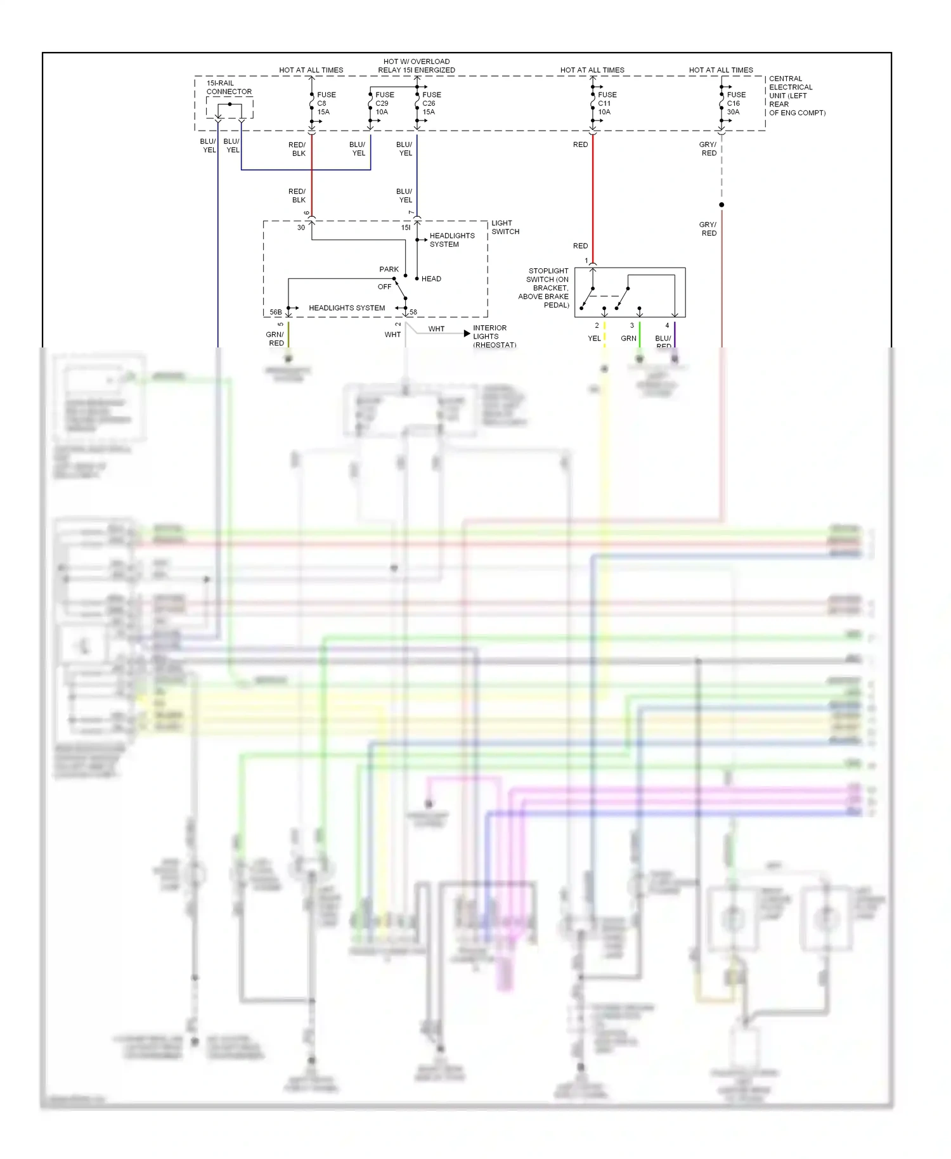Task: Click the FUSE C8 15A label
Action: (x=326, y=103)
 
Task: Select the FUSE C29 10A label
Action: (x=384, y=103)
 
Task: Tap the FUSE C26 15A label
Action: (x=431, y=103)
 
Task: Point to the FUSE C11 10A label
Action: (x=607, y=103)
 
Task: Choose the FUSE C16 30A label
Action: (x=735, y=103)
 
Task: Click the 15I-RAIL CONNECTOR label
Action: (x=228, y=87)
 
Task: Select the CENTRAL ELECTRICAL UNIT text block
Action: (x=796, y=96)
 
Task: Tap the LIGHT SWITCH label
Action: (x=505, y=228)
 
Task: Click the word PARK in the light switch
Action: (x=389, y=269)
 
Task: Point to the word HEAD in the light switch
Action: (x=431, y=279)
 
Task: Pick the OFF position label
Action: (x=384, y=287)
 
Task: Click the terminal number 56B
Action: (x=275, y=313)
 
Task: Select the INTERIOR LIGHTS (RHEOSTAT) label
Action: (x=494, y=337)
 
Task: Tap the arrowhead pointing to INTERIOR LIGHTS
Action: (x=467, y=333)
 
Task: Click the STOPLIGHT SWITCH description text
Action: (x=545, y=288)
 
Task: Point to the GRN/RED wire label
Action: (x=275, y=339)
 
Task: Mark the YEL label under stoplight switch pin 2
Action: (x=594, y=339)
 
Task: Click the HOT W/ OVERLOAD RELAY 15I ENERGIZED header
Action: (x=417, y=66)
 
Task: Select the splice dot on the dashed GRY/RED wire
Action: (x=721, y=205)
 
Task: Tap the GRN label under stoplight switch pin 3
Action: (x=628, y=339)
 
